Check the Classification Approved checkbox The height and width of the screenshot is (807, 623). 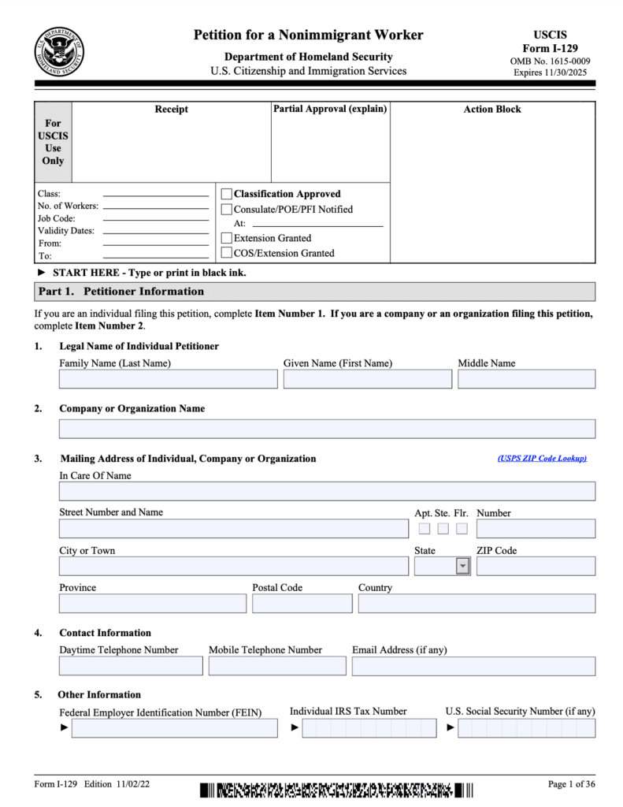pos(227,194)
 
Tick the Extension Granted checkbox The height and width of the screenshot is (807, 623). pos(227,238)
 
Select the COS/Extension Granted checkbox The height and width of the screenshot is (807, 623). pos(227,253)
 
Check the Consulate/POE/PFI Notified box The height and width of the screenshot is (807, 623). pos(227,210)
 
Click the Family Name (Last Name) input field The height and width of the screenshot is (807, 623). pos(168,379)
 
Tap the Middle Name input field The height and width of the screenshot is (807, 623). pos(526,379)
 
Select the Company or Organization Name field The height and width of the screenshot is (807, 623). pos(327,429)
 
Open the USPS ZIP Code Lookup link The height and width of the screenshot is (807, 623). pos(542,459)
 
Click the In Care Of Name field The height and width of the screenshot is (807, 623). pos(327,492)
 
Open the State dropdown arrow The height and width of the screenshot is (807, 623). pos(462,567)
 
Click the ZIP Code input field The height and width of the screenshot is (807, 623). pos(536,567)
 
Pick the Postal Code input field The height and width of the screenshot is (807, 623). pos(302,604)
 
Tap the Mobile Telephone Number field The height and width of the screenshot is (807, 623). pos(277,666)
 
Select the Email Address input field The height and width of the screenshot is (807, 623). pos(473,666)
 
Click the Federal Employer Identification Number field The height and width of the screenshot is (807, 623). pos(174,728)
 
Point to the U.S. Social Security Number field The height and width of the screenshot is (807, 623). pos(526,728)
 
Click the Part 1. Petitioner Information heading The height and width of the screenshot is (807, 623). pos(121,292)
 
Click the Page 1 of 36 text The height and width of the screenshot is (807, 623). pos(572,784)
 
